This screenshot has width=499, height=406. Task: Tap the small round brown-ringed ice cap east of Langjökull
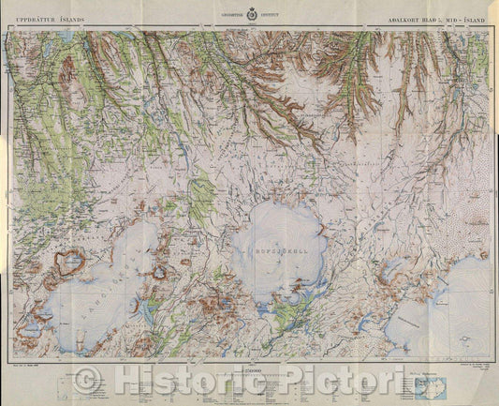click(x=161, y=275)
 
